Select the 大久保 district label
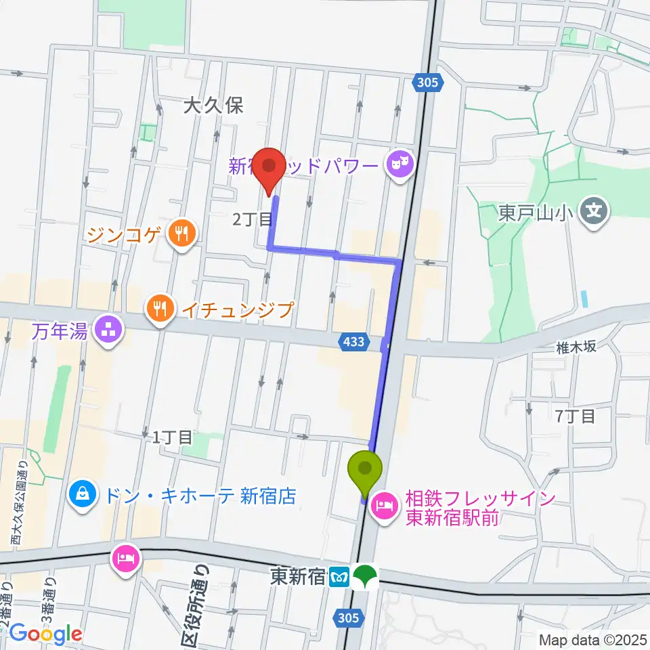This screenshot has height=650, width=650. (213, 105)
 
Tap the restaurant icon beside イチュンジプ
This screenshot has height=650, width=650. (159, 309)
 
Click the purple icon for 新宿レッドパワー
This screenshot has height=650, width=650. (399, 164)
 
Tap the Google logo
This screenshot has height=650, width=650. (45, 633)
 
